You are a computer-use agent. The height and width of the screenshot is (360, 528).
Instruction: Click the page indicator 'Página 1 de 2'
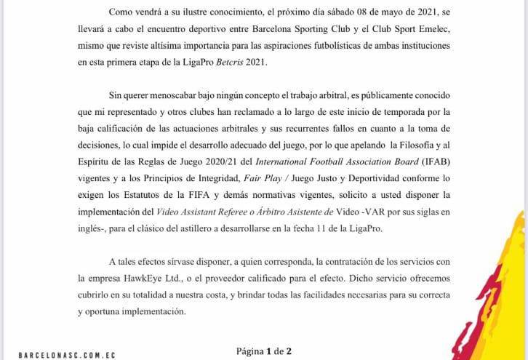tap(263, 351)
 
